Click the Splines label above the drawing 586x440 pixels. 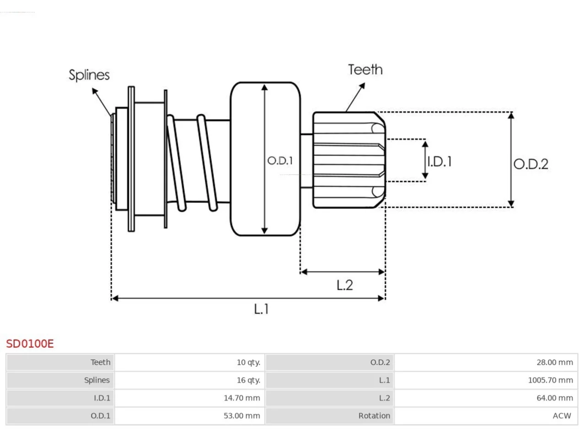(x=89, y=75)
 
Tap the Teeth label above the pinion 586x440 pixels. (x=365, y=70)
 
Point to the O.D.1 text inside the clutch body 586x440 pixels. (x=280, y=160)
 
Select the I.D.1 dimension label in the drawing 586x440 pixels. (x=439, y=162)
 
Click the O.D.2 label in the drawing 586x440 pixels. (x=531, y=164)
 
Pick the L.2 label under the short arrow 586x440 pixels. (x=345, y=285)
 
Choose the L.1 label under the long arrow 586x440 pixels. (x=261, y=309)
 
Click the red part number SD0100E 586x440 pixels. (x=30, y=344)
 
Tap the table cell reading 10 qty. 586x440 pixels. (x=248, y=362)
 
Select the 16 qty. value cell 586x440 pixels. (x=248, y=380)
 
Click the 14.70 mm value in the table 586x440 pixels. (x=242, y=398)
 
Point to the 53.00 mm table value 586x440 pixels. (x=242, y=416)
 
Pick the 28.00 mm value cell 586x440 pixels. (x=555, y=362)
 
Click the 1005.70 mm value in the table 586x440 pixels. (x=550, y=380)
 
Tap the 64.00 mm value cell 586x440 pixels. (x=555, y=398)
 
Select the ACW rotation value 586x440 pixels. (x=562, y=416)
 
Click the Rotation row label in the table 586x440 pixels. (x=374, y=416)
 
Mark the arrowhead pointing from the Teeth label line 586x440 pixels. (x=362, y=86)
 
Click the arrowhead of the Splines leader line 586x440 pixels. (x=95, y=91)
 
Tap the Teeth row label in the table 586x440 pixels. (x=100, y=362)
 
